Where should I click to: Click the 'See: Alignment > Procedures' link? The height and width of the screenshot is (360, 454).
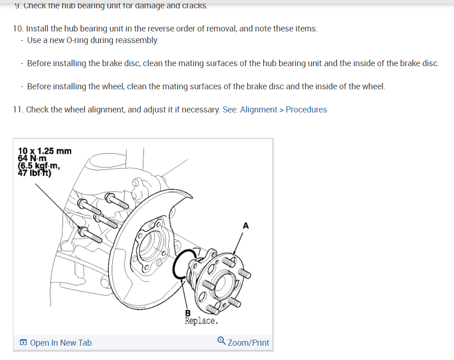275,110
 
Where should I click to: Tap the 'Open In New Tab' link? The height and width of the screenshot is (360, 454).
61,343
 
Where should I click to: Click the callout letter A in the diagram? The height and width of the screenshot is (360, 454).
245,226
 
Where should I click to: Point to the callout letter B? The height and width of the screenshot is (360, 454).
187,313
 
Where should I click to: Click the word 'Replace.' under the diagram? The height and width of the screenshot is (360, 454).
201,321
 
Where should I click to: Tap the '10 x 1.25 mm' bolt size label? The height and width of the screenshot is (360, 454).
45,151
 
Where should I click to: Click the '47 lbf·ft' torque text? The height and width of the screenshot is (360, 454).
35,174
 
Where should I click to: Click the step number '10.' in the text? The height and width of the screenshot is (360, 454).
18,29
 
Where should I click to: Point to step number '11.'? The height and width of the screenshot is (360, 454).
18,110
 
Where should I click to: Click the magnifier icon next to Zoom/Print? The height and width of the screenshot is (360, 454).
221,342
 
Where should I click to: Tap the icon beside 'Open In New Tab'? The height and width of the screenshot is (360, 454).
23,343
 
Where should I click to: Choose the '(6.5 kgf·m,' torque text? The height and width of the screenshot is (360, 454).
39,166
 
